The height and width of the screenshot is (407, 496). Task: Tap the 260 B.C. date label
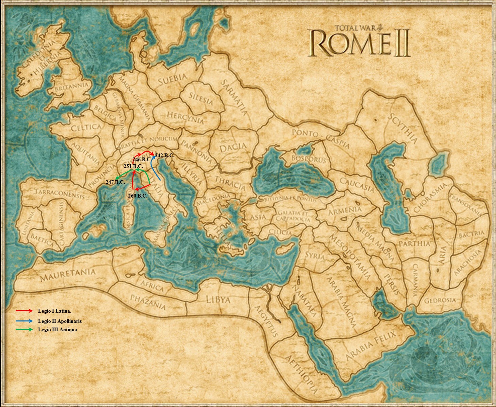pos(138,196)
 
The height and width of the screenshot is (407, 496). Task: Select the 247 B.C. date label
pos(115,182)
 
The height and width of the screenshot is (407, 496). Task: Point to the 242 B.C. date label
pos(165,155)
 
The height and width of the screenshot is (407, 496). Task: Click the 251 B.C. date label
pos(133,166)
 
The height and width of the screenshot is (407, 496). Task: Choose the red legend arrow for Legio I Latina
pos(24,311)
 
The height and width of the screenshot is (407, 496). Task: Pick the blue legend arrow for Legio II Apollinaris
pos(24,321)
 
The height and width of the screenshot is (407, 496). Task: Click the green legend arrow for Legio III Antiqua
pos(24,329)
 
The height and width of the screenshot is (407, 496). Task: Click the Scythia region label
pos(403,129)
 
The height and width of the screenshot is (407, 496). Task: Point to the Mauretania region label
pos(68,275)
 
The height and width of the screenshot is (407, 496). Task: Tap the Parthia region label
pos(414,243)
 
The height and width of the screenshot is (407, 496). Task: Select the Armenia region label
pos(344,211)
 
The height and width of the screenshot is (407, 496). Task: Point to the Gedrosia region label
pos(440,300)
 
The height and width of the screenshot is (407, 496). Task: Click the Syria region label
pos(314,256)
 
